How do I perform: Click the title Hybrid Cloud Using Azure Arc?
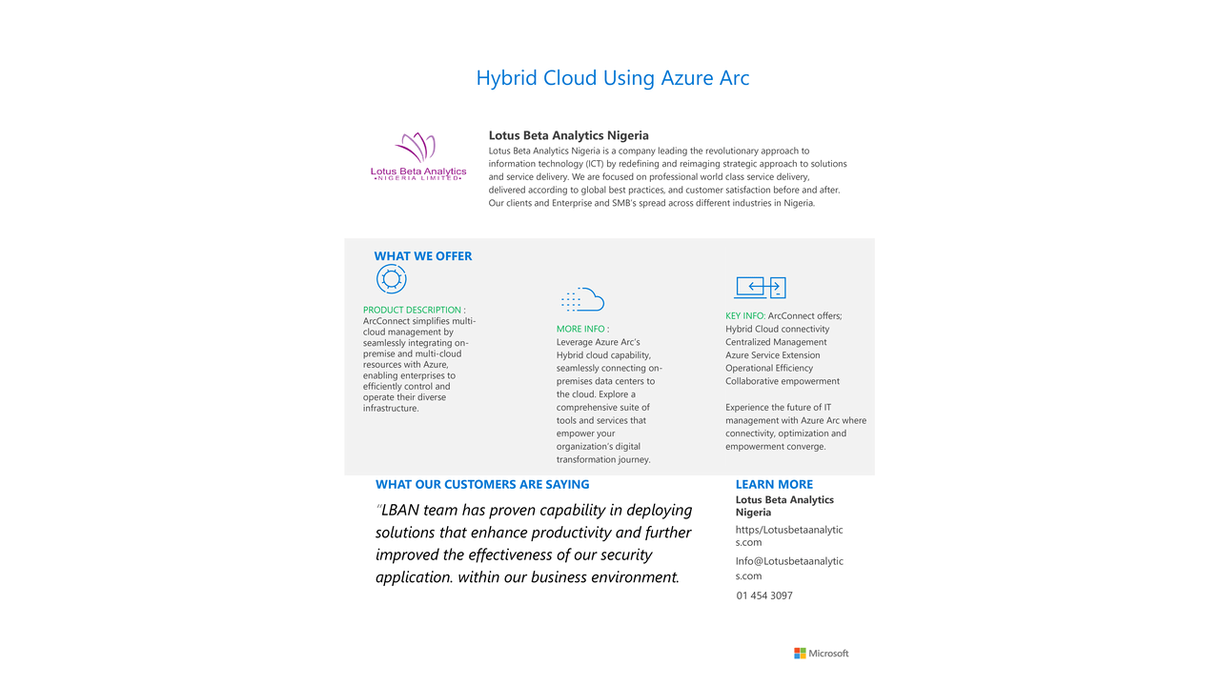(x=612, y=78)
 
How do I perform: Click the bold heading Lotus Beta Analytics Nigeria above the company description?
(x=568, y=135)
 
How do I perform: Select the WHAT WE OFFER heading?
(x=422, y=255)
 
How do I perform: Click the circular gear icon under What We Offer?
(x=391, y=279)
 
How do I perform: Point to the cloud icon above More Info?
(x=582, y=300)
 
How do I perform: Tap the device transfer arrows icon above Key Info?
(x=760, y=287)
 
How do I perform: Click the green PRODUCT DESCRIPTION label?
(x=412, y=310)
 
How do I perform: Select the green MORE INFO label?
(x=580, y=329)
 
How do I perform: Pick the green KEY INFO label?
(x=744, y=315)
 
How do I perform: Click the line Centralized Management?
(x=776, y=342)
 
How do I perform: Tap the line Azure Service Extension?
(x=772, y=355)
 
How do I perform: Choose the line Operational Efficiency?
(x=769, y=368)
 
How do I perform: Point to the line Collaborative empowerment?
(x=783, y=381)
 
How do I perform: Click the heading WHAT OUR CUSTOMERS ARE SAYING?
(x=482, y=484)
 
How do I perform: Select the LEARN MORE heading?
(x=774, y=484)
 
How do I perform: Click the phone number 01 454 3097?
(x=764, y=595)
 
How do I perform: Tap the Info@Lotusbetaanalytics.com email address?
(x=789, y=568)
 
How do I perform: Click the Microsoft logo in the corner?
(x=821, y=654)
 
